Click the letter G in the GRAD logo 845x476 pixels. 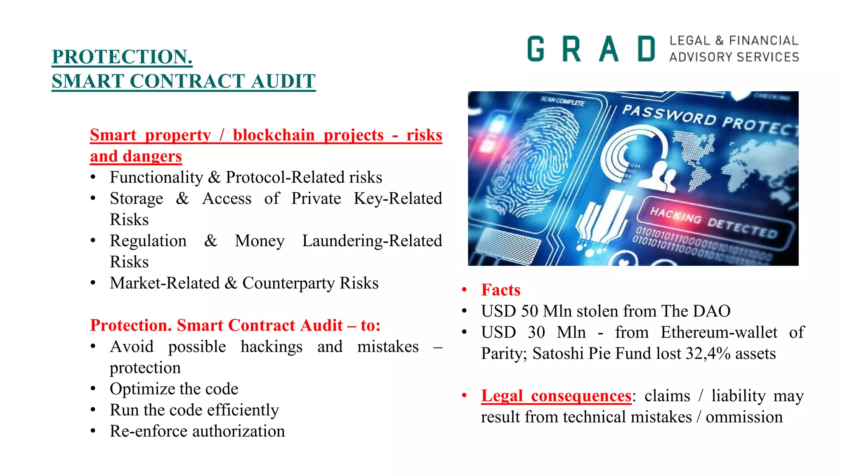pos(536,49)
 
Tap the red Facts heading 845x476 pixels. pos(500,290)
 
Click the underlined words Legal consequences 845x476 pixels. pos(556,396)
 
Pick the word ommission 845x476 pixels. pos(744,417)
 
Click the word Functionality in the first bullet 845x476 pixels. pos(156,177)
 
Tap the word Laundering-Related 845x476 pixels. pos(372,241)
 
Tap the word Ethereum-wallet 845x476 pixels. pos(719,332)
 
